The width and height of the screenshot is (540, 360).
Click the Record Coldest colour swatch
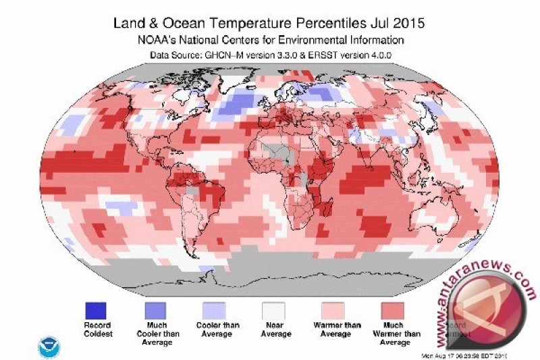[96, 310]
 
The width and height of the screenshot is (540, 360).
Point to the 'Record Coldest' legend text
[96, 329]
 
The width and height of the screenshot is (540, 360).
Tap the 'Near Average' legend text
[275, 329]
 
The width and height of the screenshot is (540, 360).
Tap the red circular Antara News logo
[495, 317]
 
